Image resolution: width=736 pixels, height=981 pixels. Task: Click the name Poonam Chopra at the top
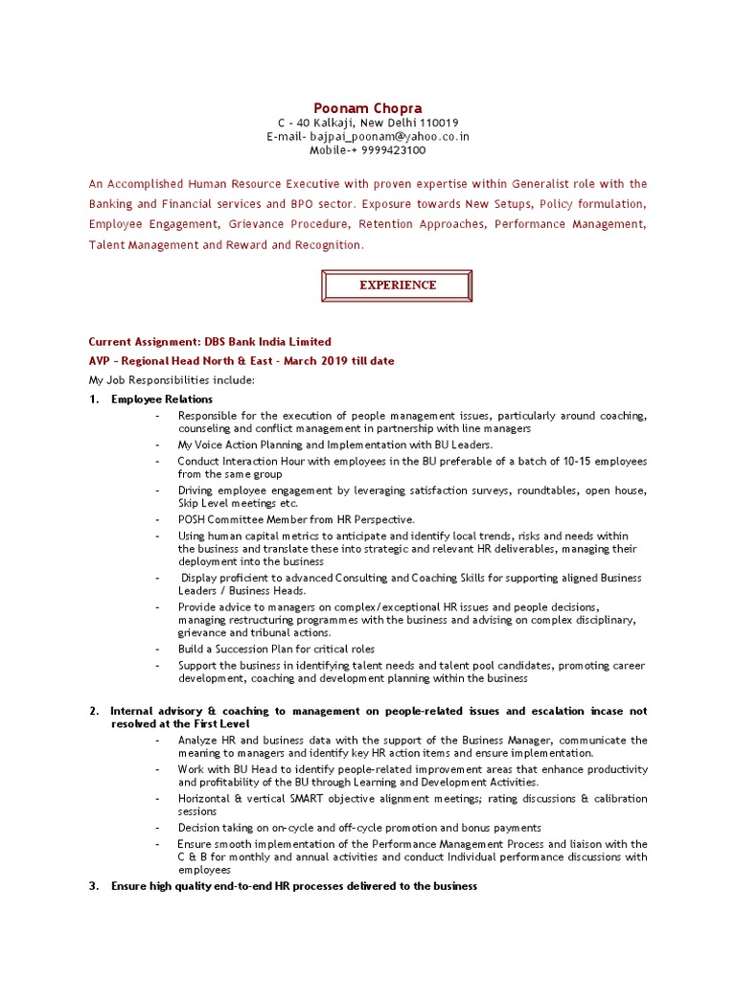point(368,108)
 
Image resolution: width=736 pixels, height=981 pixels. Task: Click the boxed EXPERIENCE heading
point(398,285)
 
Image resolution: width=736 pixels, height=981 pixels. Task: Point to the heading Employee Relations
point(162,399)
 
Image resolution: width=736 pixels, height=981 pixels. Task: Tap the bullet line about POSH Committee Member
point(296,519)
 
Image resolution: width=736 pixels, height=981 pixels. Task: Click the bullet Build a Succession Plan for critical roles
point(276,650)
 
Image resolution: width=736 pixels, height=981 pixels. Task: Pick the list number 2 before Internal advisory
point(94,712)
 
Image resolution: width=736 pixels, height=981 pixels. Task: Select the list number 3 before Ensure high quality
point(94,887)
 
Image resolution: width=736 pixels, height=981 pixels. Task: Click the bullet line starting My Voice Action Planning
point(334,445)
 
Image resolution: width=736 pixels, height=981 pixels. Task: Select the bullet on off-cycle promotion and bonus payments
point(359,828)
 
